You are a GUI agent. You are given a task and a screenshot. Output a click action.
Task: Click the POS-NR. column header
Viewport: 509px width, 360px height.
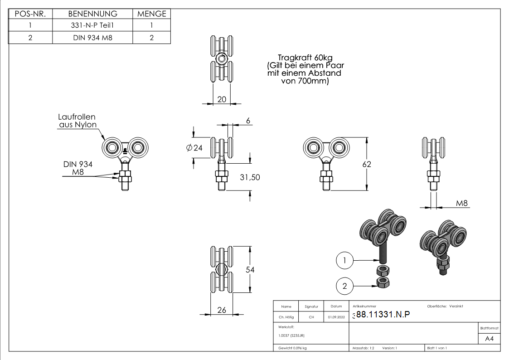click(x=30, y=14)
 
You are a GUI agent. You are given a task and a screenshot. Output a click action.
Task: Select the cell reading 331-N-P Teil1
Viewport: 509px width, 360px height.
click(x=93, y=25)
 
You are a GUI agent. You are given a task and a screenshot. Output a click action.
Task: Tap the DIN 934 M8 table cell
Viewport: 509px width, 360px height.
click(x=93, y=38)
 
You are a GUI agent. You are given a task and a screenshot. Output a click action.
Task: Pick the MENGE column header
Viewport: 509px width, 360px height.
click(x=152, y=14)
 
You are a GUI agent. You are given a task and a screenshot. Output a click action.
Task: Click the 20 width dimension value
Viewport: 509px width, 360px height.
click(x=222, y=99)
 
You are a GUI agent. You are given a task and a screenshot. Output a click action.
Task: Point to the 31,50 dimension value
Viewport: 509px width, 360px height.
click(x=250, y=177)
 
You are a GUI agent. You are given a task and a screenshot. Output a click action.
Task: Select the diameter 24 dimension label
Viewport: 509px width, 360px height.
click(x=194, y=147)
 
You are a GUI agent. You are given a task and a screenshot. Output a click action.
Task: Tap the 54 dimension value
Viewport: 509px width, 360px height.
click(x=250, y=270)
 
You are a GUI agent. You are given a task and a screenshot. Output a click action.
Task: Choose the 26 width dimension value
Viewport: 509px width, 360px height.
click(x=222, y=310)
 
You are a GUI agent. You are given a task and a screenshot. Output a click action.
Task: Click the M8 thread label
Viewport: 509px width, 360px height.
click(x=461, y=203)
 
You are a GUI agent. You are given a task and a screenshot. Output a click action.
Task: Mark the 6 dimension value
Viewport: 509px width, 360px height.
click(x=248, y=121)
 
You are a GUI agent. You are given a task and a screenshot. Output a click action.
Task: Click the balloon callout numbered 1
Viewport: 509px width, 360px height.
click(x=345, y=260)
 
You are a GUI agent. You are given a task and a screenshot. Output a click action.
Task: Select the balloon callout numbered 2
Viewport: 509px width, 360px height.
click(x=345, y=286)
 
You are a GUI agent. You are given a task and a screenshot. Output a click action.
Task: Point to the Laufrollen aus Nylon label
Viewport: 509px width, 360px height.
click(x=77, y=121)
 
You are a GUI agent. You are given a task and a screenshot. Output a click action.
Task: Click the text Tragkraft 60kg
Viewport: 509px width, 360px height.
click(x=305, y=58)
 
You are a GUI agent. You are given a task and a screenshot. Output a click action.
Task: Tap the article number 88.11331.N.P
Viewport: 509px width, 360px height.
click(x=383, y=315)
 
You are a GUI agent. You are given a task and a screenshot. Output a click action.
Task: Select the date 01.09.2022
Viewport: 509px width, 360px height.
click(x=336, y=317)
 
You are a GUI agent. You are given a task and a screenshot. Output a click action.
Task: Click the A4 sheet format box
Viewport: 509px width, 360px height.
click(x=489, y=339)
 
